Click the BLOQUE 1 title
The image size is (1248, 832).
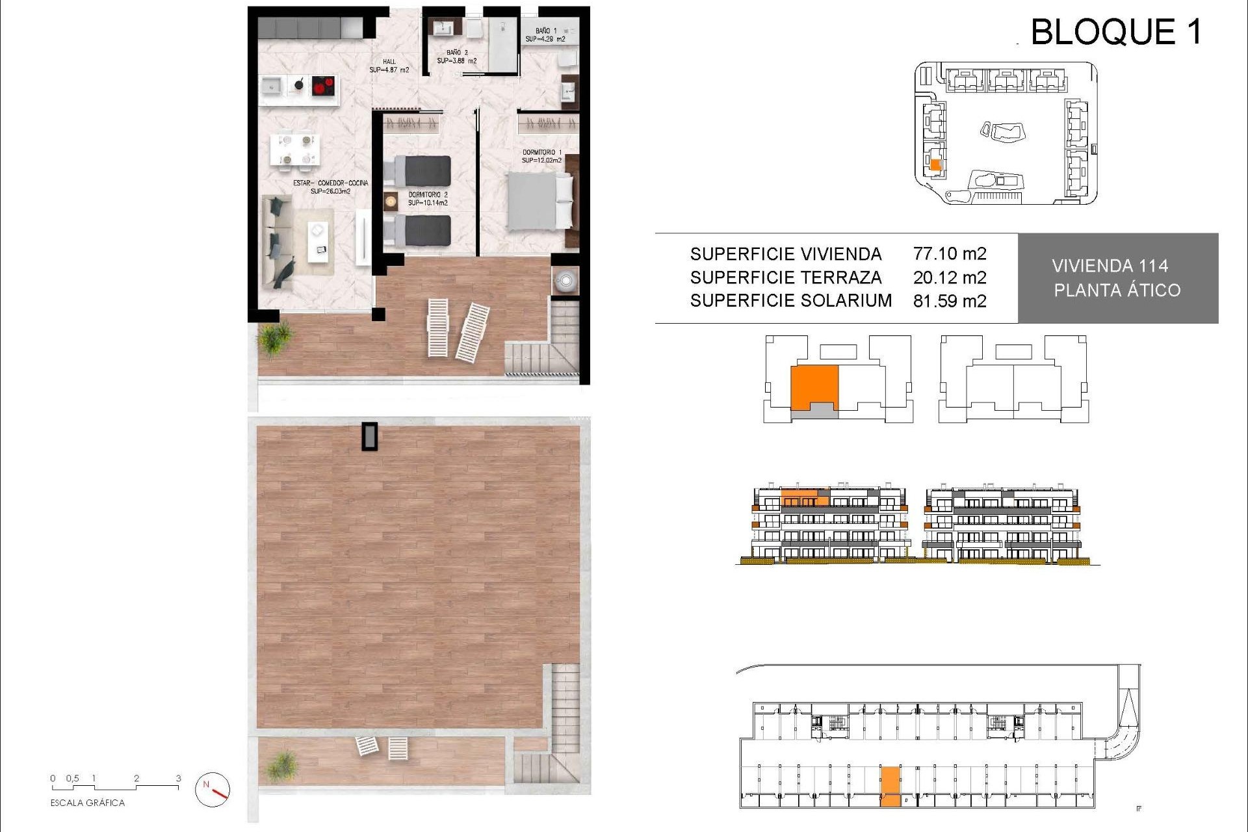click(1116, 32)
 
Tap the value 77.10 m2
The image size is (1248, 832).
click(949, 253)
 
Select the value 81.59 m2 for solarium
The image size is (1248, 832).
click(949, 301)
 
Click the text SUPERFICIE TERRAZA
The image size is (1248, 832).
click(785, 278)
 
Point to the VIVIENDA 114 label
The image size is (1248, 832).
click(1110, 266)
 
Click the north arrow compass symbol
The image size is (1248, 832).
click(213, 789)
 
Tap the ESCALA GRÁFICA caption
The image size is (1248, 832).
click(87, 803)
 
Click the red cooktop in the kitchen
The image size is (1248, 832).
click(324, 86)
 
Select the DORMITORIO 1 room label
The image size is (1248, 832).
click(541, 156)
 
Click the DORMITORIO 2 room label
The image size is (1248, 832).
click(428, 198)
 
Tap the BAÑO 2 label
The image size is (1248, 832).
click(456, 57)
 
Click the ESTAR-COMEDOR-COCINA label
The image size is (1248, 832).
click(330, 187)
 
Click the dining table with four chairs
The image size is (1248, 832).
click(295, 149)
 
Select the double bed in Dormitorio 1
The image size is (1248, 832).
click(538, 201)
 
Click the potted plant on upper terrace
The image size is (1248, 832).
click(276, 337)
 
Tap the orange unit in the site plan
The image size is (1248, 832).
click(935, 165)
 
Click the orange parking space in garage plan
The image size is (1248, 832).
click(890, 786)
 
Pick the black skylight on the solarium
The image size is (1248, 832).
click(370, 436)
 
